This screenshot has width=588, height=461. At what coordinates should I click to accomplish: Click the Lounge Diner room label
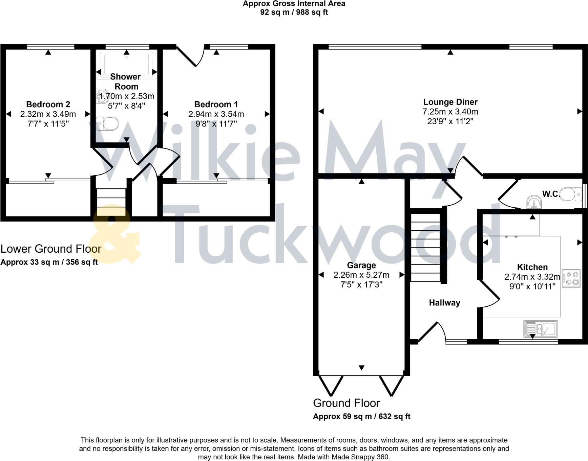coord(450,102)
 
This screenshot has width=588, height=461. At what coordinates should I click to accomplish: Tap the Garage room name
coord(361,265)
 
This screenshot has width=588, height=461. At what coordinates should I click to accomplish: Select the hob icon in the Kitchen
coord(571,278)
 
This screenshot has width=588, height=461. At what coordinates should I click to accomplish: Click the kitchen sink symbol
coord(540,329)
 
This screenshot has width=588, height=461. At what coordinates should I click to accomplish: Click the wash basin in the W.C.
coord(534,202)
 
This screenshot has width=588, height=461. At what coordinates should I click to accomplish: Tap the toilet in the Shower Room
coord(108,124)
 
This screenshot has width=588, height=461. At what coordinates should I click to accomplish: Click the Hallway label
coord(444,303)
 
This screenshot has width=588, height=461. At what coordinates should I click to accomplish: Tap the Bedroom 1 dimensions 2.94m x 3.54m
coord(216,114)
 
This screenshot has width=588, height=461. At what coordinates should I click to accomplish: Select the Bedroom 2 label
coord(48,104)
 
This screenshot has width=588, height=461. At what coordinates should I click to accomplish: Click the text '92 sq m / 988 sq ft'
coord(294,12)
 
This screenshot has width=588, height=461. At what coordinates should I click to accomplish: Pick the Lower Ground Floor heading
coord(51,249)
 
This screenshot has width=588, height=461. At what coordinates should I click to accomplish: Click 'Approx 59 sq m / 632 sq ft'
coord(361,416)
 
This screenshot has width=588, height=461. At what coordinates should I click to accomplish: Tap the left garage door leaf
coord(331,385)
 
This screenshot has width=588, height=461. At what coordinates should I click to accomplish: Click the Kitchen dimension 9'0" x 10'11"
coord(532,286)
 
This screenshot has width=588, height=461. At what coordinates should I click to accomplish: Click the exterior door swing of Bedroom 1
coord(191,56)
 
